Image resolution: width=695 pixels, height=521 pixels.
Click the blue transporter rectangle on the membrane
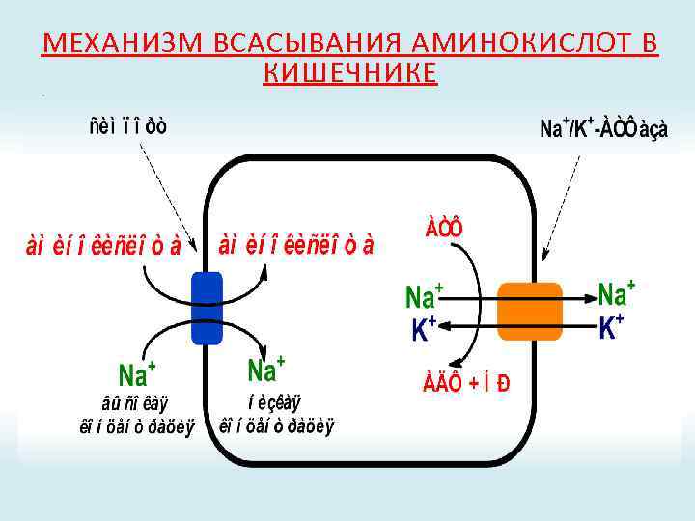click(207, 308)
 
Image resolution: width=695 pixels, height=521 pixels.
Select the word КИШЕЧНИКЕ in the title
click(349, 72)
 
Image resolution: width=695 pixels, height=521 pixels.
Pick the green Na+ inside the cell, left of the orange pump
click(424, 295)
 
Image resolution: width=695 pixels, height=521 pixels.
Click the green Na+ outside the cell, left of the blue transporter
click(137, 371)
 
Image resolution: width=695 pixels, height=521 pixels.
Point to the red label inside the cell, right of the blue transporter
click(296, 244)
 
